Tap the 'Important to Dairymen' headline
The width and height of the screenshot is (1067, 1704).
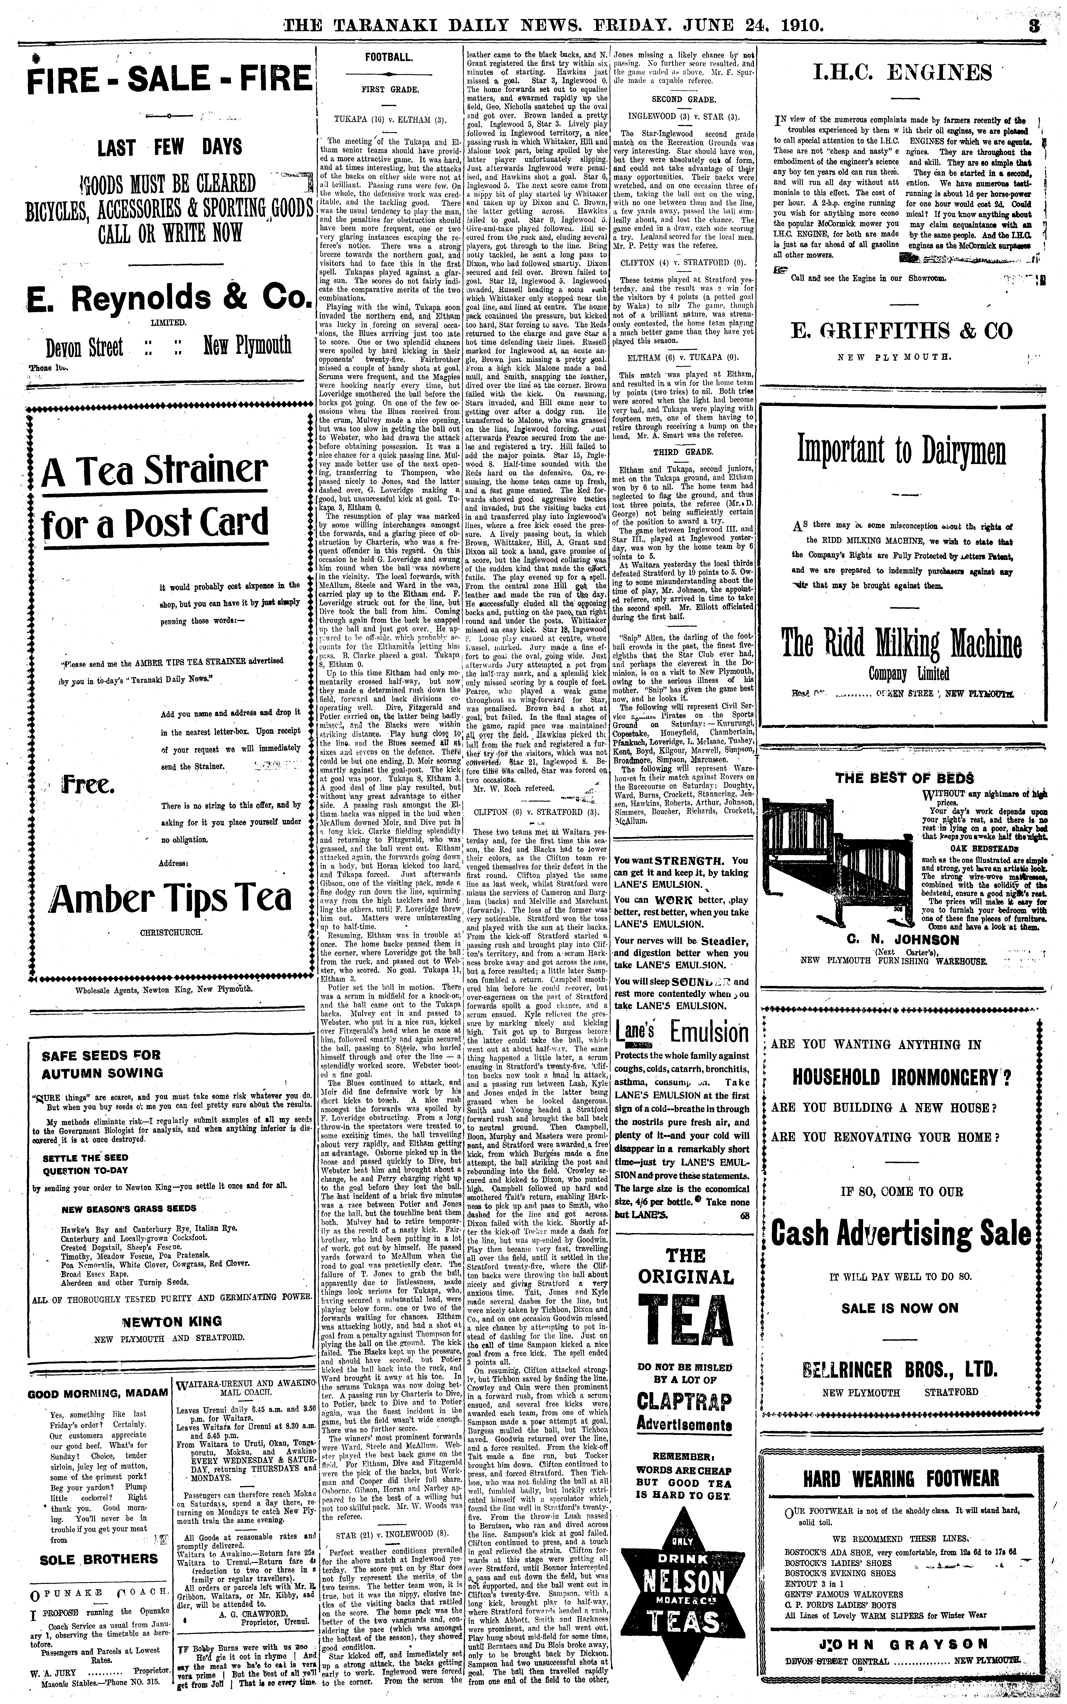click(902, 449)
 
